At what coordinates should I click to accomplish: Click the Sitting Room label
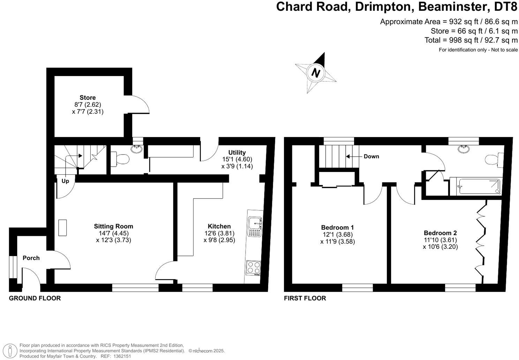click(113, 226)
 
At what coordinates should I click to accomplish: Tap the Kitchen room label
click(219, 226)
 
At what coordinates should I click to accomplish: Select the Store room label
click(88, 98)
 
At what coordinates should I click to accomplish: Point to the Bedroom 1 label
click(337, 227)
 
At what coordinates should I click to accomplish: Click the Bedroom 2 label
click(440, 233)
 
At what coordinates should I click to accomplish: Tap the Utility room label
click(237, 152)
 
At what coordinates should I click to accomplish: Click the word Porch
click(31, 258)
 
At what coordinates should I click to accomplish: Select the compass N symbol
click(316, 73)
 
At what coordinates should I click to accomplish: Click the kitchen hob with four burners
click(253, 268)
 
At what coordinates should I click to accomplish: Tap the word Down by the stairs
click(371, 156)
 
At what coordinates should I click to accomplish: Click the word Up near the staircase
click(65, 181)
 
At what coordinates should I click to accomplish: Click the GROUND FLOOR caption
click(35, 298)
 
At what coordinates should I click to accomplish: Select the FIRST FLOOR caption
click(305, 298)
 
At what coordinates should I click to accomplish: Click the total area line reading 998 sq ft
click(471, 40)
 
